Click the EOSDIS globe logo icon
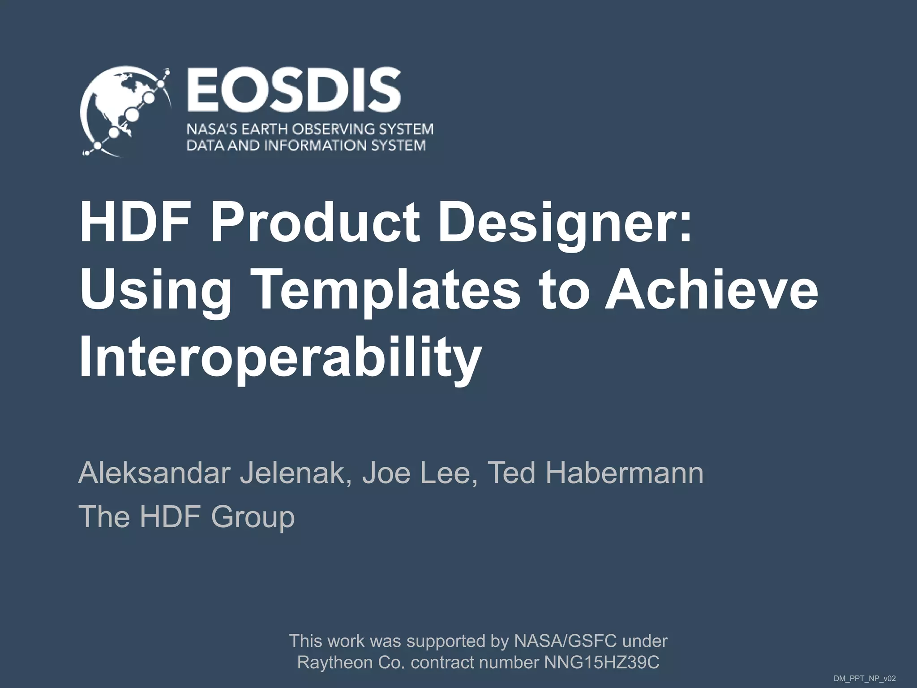click(x=124, y=112)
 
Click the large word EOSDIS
click(x=293, y=90)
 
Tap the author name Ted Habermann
click(x=595, y=473)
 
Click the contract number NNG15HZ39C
click(x=601, y=662)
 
